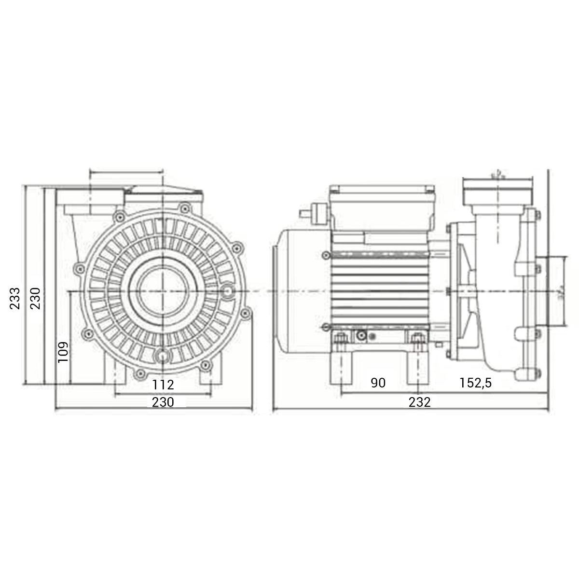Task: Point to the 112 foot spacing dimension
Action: tap(163, 385)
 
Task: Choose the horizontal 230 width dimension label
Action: tap(163, 402)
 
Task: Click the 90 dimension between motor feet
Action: tap(378, 383)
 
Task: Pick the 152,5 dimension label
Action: tap(475, 383)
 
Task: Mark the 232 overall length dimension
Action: tap(419, 402)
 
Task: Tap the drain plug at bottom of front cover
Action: tap(163, 356)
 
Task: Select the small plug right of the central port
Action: tap(228, 291)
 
